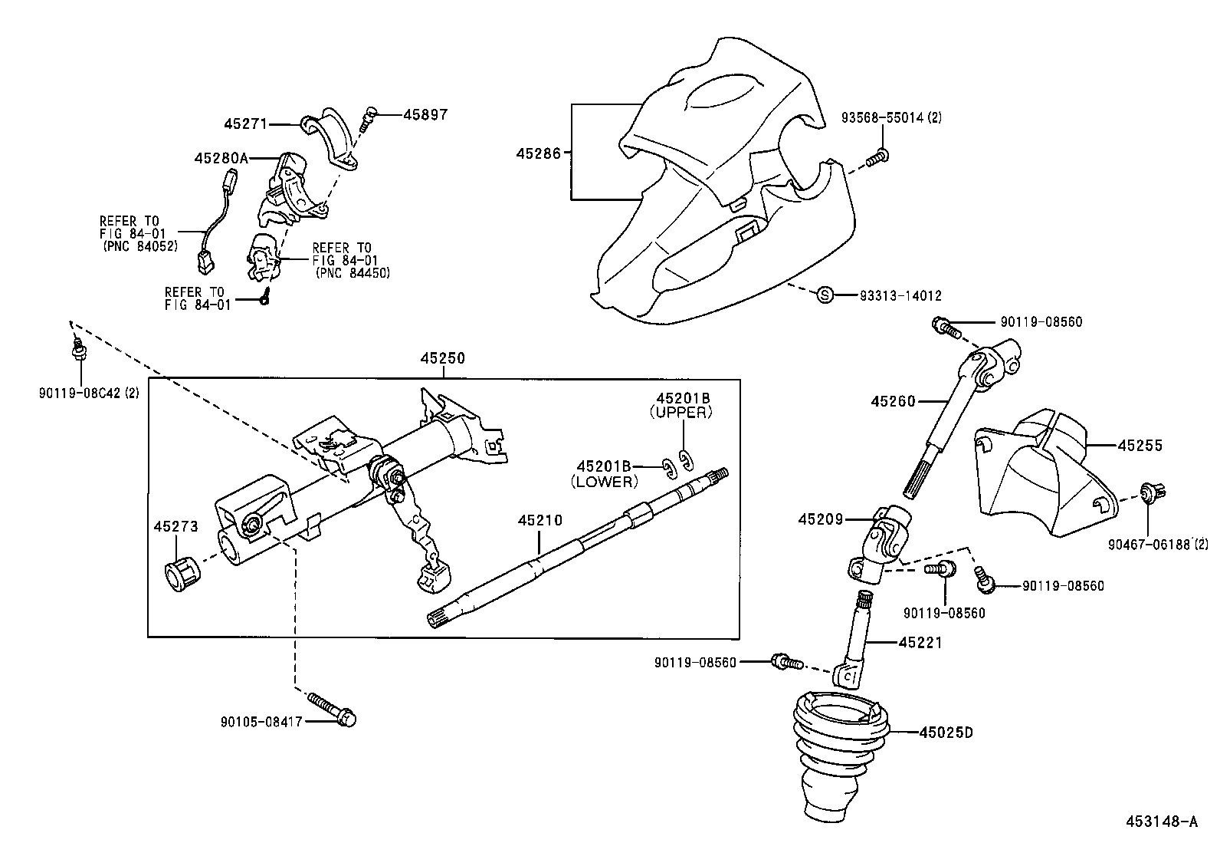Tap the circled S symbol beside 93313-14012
825,295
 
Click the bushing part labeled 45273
182,573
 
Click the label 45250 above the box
442,358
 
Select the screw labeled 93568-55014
878,158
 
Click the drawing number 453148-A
1160,822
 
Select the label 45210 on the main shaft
539,520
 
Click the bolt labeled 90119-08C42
77,351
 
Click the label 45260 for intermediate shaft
893,400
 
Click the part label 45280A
221,158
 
